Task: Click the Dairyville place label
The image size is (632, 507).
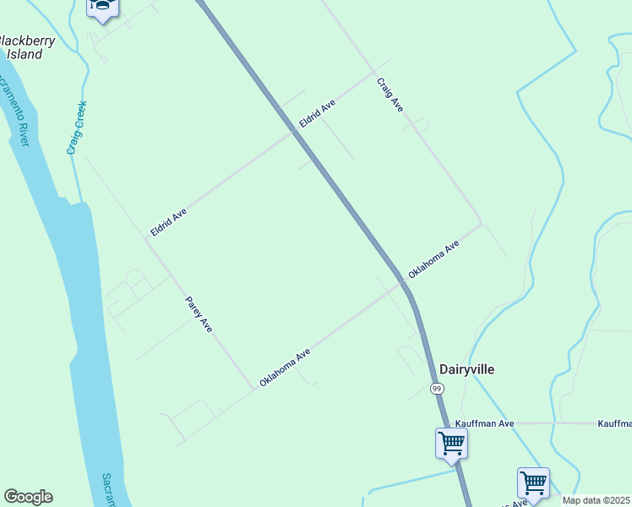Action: pos(466,369)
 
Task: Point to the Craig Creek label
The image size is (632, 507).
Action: pos(76,128)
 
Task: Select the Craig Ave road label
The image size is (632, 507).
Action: pos(390,95)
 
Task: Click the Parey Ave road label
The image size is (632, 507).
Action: pos(199,313)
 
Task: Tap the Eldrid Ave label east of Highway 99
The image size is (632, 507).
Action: pos(317,114)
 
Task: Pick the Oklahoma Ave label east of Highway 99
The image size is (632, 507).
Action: pos(433,259)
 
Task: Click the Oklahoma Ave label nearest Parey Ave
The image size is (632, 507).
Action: pos(286,368)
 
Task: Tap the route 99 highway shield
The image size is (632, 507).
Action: pos(436,388)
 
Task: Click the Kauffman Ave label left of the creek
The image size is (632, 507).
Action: pos(484,423)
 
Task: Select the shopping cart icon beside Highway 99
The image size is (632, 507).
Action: pos(451,444)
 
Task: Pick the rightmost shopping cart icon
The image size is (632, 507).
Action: pos(533,483)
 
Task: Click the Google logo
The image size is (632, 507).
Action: pos(28,497)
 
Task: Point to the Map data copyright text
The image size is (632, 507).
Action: pos(597,500)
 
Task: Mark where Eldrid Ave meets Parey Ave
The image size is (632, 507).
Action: pos(146,239)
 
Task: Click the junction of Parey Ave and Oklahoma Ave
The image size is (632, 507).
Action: pos(254,389)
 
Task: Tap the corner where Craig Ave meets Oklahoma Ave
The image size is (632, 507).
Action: pos(481,224)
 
